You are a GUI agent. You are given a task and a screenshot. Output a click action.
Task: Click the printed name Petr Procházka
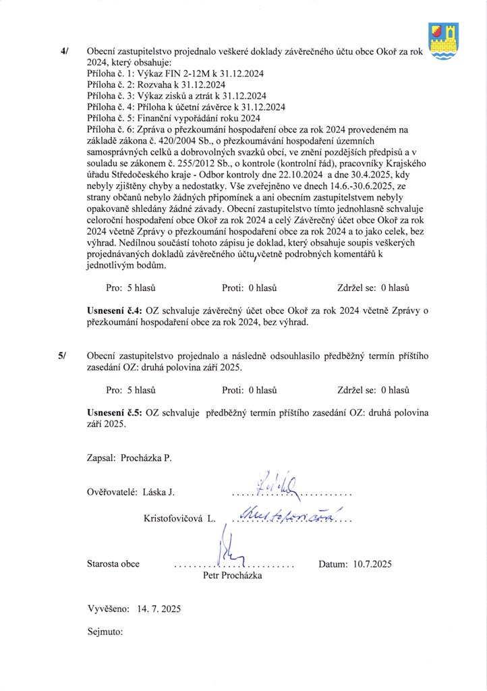(232, 576)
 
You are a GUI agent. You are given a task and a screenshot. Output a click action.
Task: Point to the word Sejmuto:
(106, 632)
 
